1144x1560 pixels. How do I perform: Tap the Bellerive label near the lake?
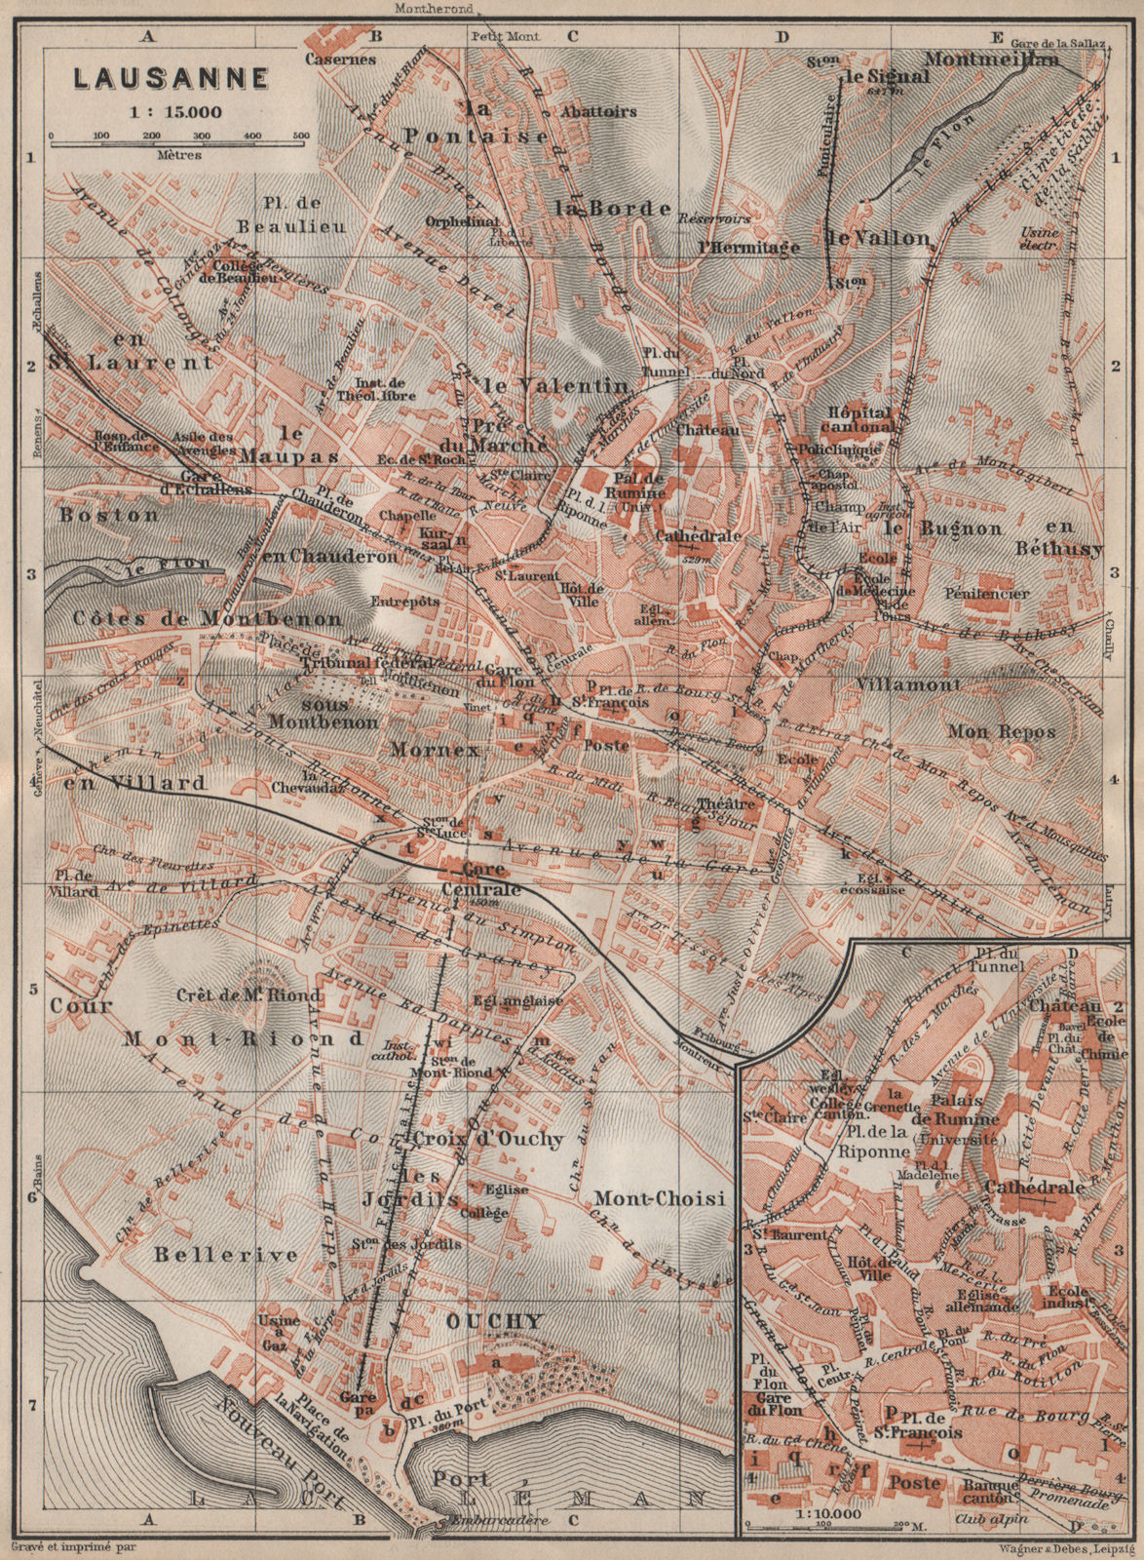click(x=224, y=1255)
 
